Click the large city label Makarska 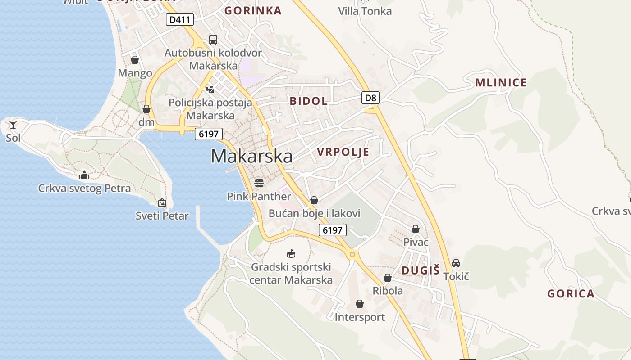tap(251, 156)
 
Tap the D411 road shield tap(180, 19)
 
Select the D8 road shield tap(370, 97)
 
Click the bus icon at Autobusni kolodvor tap(213, 39)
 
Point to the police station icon tap(210, 89)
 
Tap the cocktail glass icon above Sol tap(13, 124)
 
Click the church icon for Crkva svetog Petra tap(84, 175)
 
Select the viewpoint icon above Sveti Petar tap(162, 203)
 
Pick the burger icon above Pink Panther tap(259, 183)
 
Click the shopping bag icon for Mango tap(135, 59)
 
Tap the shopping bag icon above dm tap(146, 109)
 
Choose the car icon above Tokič tap(456, 263)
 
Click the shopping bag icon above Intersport tap(359, 304)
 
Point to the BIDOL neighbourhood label tap(309, 101)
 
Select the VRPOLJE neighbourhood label tap(343, 152)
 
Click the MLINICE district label tap(501, 82)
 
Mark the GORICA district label tap(571, 294)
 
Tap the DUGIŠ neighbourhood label tap(420, 270)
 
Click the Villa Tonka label tap(365, 11)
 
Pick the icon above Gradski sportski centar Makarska tap(291, 254)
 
